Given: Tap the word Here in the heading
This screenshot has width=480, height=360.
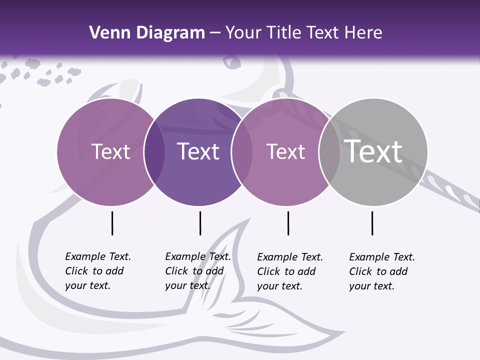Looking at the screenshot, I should (x=363, y=33).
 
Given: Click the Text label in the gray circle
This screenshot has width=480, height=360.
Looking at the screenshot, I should (x=373, y=151).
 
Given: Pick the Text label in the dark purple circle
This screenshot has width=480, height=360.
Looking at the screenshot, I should (x=198, y=151).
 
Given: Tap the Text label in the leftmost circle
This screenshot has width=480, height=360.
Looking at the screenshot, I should (x=110, y=151).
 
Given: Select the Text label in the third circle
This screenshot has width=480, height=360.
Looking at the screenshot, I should (x=285, y=151).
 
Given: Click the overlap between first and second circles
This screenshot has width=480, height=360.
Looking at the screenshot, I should (x=154, y=152).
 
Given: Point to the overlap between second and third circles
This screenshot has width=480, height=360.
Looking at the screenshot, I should (x=242, y=152).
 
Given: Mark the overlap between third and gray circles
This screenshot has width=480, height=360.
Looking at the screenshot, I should (x=329, y=152).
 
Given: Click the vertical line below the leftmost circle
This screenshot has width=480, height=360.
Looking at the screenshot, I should (x=112, y=223).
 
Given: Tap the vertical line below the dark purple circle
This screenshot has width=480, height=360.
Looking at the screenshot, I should (x=200, y=223).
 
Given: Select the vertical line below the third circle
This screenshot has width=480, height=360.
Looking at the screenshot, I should (x=288, y=223).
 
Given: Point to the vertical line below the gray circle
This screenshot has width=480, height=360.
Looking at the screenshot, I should (x=372, y=223).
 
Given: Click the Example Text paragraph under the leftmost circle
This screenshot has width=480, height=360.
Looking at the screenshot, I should (x=97, y=271).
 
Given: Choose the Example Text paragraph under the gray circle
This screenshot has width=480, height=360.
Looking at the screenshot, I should (x=381, y=271).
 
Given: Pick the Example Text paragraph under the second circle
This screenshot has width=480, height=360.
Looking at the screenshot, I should (x=197, y=271).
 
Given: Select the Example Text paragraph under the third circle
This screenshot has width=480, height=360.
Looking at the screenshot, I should (x=289, y=271).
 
